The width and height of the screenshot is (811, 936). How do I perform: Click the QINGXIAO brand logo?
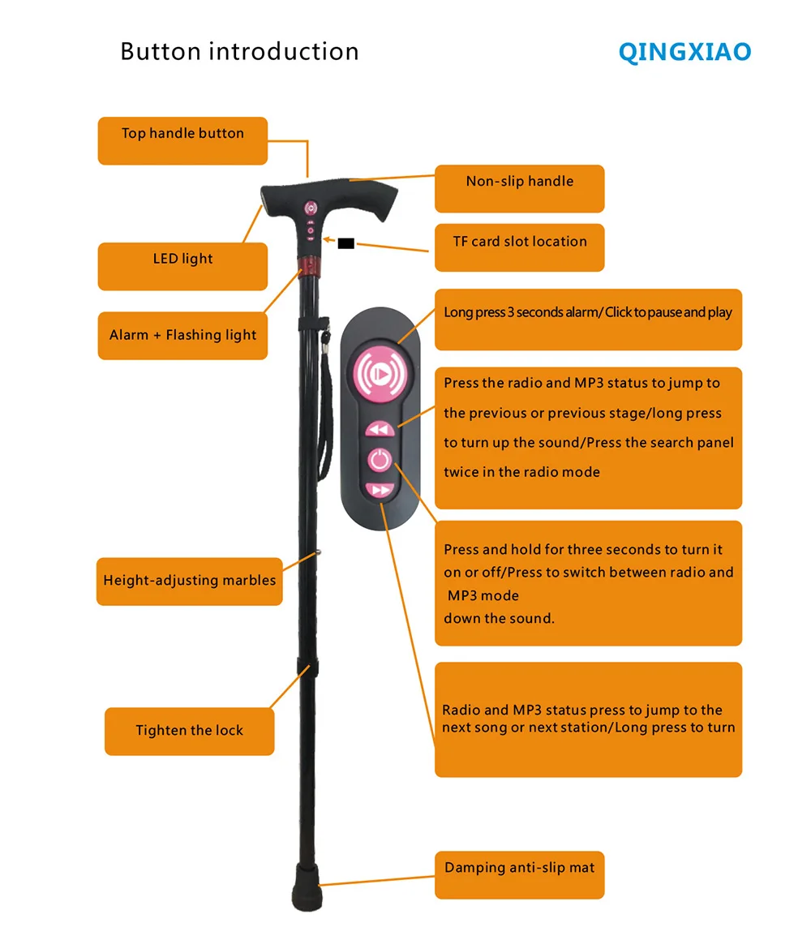point(684,53)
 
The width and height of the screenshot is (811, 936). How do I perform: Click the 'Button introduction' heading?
point(239,52)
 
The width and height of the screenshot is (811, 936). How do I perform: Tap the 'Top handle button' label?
point(182,134)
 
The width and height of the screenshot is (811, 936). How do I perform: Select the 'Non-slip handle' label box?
point(519,182)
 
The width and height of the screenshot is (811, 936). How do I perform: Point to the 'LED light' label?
point(182,260)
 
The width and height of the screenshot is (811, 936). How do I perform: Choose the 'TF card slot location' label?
point(519,242)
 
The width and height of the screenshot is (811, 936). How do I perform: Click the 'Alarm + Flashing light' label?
point(182,335)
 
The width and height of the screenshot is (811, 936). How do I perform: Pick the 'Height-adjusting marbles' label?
point(189,581)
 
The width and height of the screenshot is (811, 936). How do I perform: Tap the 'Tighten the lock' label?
point(189,731)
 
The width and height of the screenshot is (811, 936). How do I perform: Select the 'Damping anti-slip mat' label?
point(519,868)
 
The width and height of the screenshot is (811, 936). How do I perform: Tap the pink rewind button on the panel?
point(380,429)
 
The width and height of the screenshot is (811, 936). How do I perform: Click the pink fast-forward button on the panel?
point(380,490)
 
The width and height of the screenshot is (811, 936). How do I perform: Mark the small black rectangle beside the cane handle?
point(346,241)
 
